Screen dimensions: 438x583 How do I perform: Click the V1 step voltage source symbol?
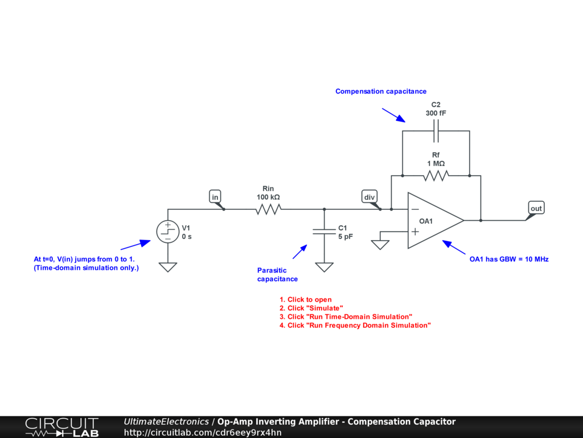point(167,232)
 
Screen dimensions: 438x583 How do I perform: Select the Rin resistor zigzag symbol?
point(268,209)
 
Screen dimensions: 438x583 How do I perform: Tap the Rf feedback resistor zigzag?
point(436,175)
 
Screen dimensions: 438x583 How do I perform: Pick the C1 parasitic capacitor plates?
point(324,232)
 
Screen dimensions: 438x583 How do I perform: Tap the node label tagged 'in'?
point(215,197)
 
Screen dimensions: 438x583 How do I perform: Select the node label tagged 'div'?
point(369,197)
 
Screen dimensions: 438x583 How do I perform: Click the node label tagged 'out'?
point(536,208)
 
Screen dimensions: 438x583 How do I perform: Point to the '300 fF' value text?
point(436,113)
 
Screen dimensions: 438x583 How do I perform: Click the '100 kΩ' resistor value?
point(268,197)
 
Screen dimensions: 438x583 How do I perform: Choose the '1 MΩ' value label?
point(436,164)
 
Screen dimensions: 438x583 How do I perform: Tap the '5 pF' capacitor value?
point(346,236)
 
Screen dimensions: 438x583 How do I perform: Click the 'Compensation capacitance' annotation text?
point(380,91)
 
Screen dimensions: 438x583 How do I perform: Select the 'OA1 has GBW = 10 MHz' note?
point(508,259)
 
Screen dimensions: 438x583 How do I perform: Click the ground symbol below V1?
point(167,266)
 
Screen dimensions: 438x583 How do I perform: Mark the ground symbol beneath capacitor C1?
point(324,266)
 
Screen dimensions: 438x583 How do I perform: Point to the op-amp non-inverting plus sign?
point(415,231)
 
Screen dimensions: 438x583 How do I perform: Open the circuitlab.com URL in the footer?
point(203,432)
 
